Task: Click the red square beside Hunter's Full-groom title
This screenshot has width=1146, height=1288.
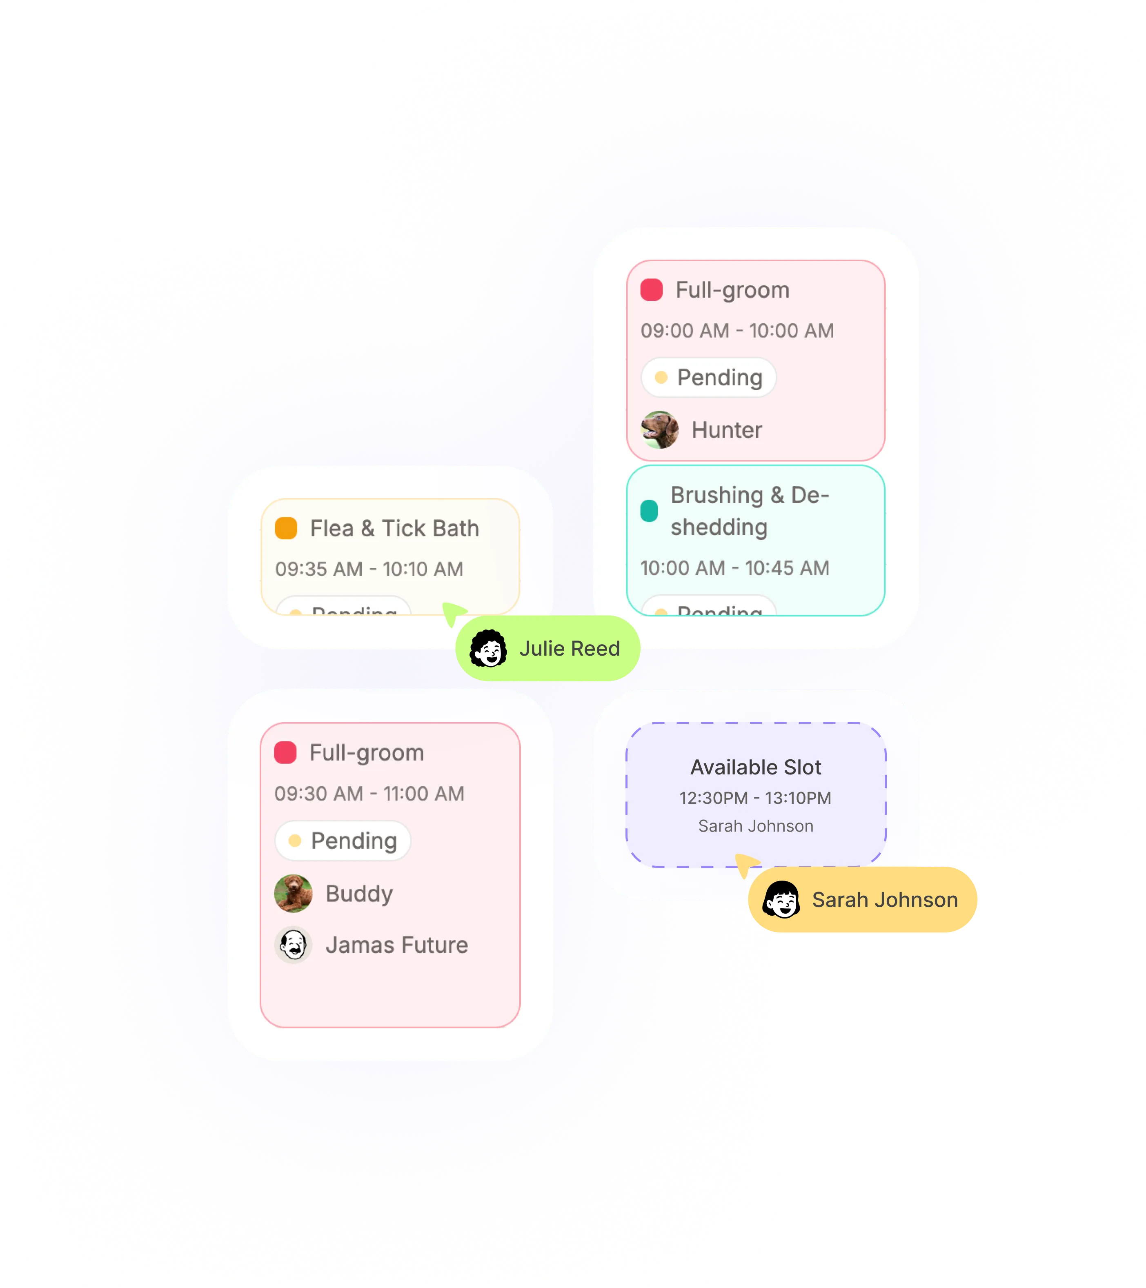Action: coord(652,290)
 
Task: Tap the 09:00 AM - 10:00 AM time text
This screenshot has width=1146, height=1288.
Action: coord(737,331)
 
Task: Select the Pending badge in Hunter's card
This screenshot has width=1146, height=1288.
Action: coord(708,378)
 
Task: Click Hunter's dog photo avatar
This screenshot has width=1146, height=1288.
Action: coord(660,430)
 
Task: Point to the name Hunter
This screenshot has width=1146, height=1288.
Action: coord(726,430)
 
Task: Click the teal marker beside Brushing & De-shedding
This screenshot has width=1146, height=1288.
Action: coord(649,511)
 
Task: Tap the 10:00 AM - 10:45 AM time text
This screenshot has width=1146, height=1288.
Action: coord(734,568)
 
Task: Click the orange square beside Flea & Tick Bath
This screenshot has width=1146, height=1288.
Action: coord(286,528)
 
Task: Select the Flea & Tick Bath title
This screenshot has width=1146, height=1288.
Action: coord(394,528)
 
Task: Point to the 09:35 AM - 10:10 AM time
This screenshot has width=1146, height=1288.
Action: coord(369,569)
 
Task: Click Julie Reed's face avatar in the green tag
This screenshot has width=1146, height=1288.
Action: coord(488,648)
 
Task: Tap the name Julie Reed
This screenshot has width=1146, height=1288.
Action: coord(570,648)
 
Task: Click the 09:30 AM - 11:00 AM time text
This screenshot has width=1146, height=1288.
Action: coord(369,793)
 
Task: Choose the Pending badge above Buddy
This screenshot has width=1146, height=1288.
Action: coord(343,841)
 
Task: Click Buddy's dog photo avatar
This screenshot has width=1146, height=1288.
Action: coord(294,894)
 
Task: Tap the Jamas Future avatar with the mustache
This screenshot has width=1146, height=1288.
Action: coord(294,945)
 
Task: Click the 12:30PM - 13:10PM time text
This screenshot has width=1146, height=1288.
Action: coord(755,798)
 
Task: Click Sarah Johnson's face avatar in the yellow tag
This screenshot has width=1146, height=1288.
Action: coord(781,900)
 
